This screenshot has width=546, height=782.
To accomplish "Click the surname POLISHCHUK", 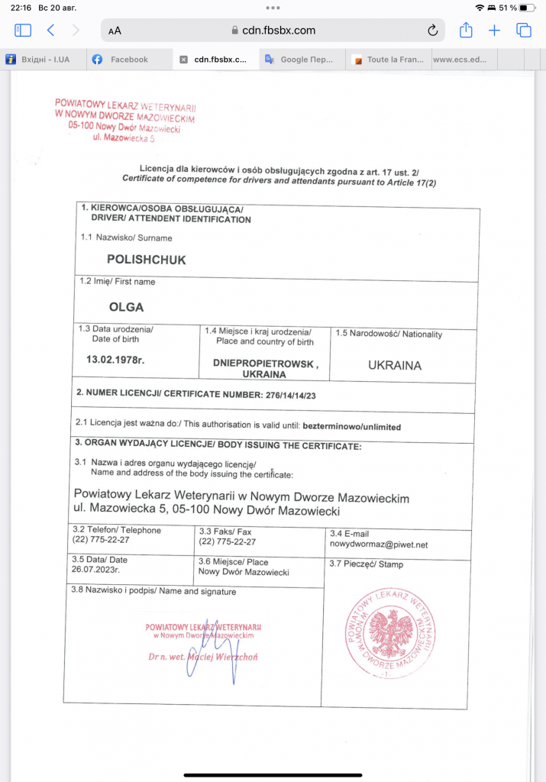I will tap(146, 260).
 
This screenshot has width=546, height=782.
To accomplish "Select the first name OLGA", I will tap(126, 307).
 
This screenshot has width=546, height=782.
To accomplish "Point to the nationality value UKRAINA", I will tap(395, 365).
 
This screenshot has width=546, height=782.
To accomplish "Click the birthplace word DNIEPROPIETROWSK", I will tap(263, 364).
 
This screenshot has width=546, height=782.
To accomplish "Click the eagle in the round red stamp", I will tap(392, 632).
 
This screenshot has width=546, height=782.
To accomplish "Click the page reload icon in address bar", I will tap(432, 31).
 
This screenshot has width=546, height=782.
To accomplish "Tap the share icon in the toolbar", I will tap(466, 30).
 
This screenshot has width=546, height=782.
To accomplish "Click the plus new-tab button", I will tap(495, 31).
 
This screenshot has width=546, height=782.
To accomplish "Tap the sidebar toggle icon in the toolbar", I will tap(22, 31).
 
